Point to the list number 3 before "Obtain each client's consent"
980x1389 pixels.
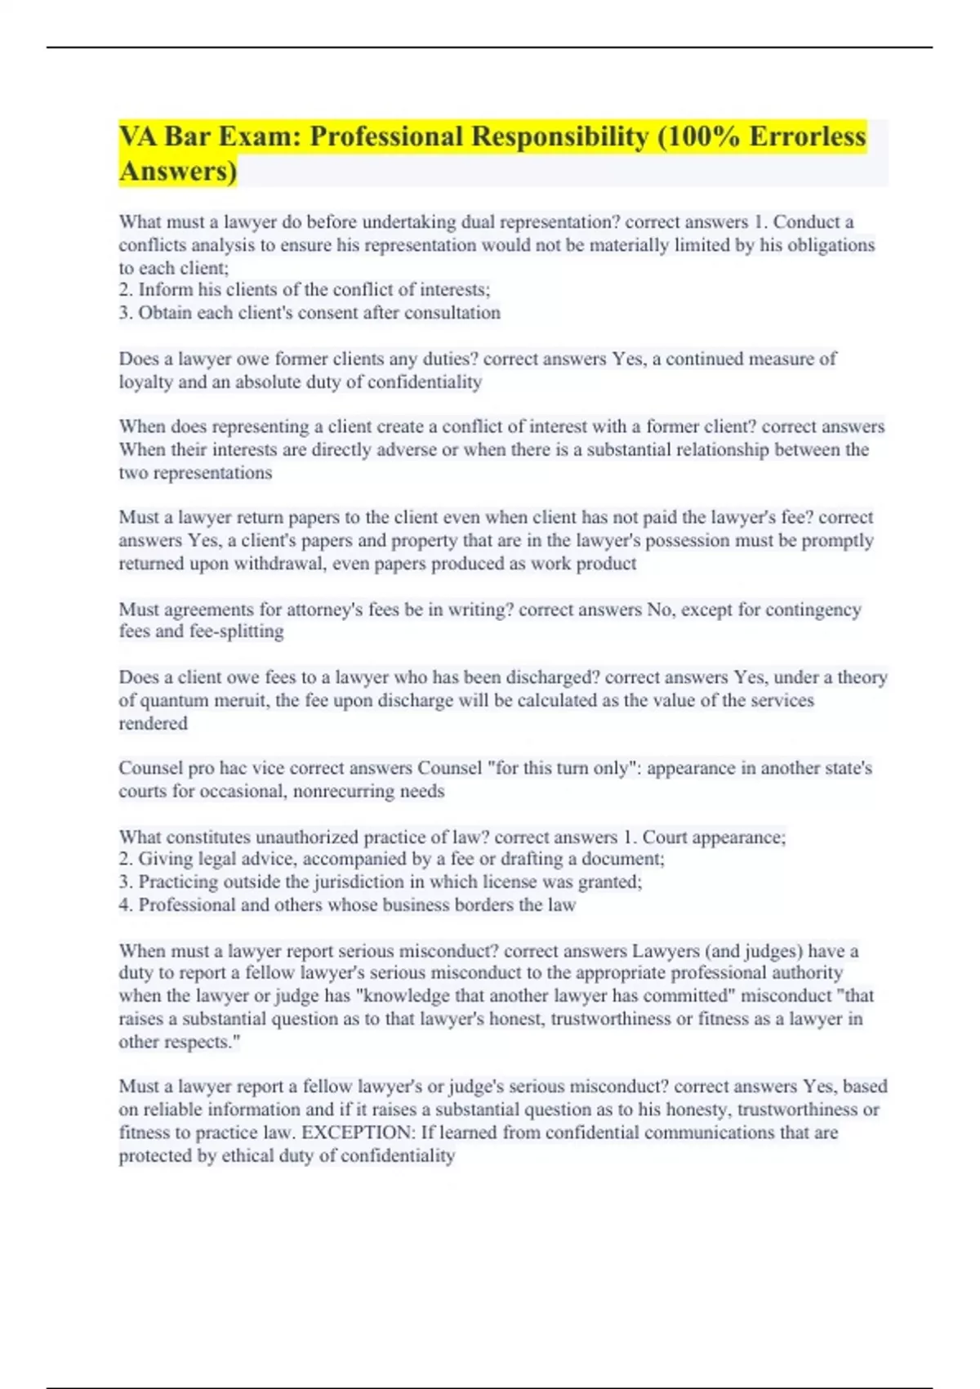click(x=125, y=313)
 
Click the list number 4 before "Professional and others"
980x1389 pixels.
click(x=125, y=905)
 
